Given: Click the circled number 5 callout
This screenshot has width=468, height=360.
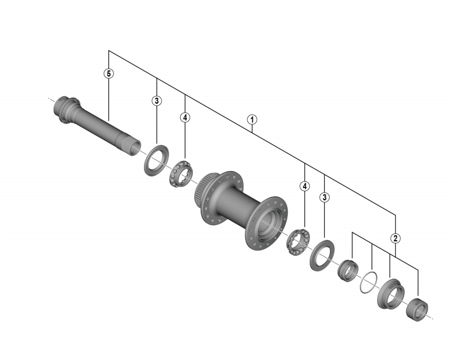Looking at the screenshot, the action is [109, 73].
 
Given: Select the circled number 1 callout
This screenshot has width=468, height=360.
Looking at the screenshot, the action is [252, 120].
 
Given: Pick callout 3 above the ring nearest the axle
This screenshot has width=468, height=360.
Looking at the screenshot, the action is [157, 101].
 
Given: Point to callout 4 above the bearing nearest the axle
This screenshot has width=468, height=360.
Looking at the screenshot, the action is [185, 117].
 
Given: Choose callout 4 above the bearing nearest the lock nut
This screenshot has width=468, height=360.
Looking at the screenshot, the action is [304, 186].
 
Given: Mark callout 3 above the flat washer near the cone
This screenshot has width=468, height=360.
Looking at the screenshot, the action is [324, 197].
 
